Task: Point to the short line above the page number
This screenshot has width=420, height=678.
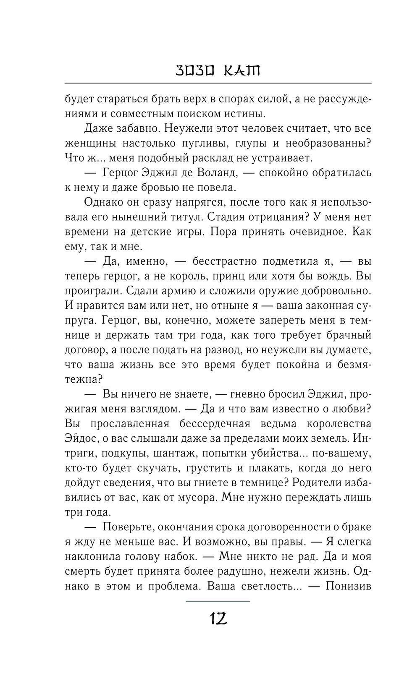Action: [217, 601]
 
